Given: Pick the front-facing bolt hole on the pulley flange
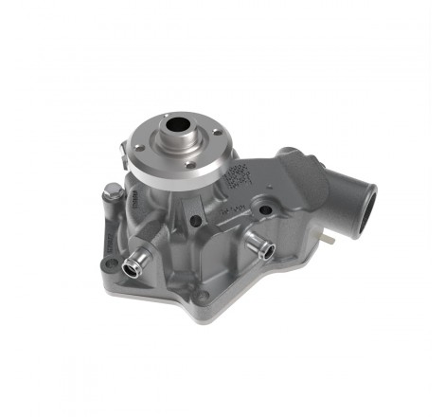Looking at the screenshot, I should click(x=190, y=164).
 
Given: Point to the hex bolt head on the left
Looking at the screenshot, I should click(x=108, y=195).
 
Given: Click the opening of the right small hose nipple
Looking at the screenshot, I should click(x=268, y=250).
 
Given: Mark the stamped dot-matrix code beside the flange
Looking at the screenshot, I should click(x=236, y=174).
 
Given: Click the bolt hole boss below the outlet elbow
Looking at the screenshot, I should click(x=266, y=209).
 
